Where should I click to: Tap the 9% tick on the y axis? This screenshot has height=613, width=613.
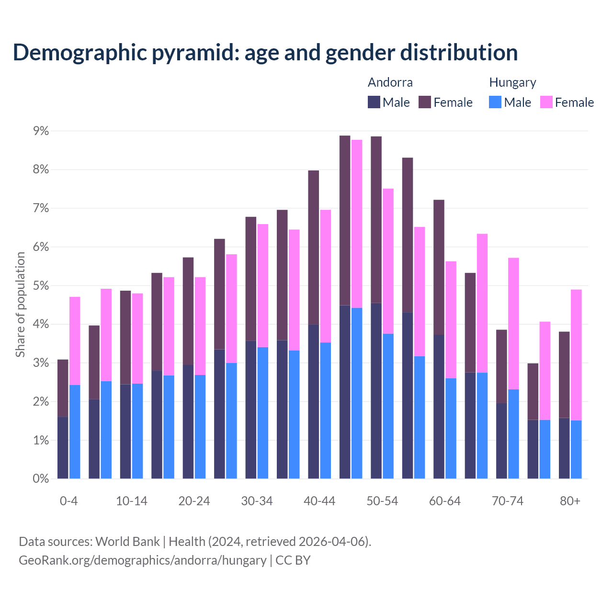tap(41, 131)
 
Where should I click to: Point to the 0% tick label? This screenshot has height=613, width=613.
tap(41, 478)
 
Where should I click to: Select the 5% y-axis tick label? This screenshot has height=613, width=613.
tap(41, 285)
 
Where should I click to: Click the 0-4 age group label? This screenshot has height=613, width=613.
tap(68, 501)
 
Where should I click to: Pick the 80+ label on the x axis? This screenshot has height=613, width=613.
tap(570, 501)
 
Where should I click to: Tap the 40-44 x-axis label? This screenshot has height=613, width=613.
tap(319, 501)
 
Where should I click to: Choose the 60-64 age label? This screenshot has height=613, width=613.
tap(445, 501)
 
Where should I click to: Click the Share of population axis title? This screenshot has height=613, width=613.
tap(20, 305)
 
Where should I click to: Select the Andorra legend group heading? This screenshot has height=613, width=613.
tap(390, 82)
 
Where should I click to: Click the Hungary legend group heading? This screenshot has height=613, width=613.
tap(512, 82)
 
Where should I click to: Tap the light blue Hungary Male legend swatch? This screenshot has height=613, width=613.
tap(495, 102)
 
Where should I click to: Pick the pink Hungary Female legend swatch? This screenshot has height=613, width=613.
tap(546, 102)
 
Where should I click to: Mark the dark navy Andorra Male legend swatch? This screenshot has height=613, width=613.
tap(374, 102)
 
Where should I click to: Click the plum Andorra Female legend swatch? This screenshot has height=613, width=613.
tap(425, 102)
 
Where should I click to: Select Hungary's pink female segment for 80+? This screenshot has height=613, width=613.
tap(576, 354)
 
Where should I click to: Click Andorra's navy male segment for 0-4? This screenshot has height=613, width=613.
tap(63, 447)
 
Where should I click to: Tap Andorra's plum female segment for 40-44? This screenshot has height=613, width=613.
tap(314, 247)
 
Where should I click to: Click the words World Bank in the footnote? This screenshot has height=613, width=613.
tap(127, 542)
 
